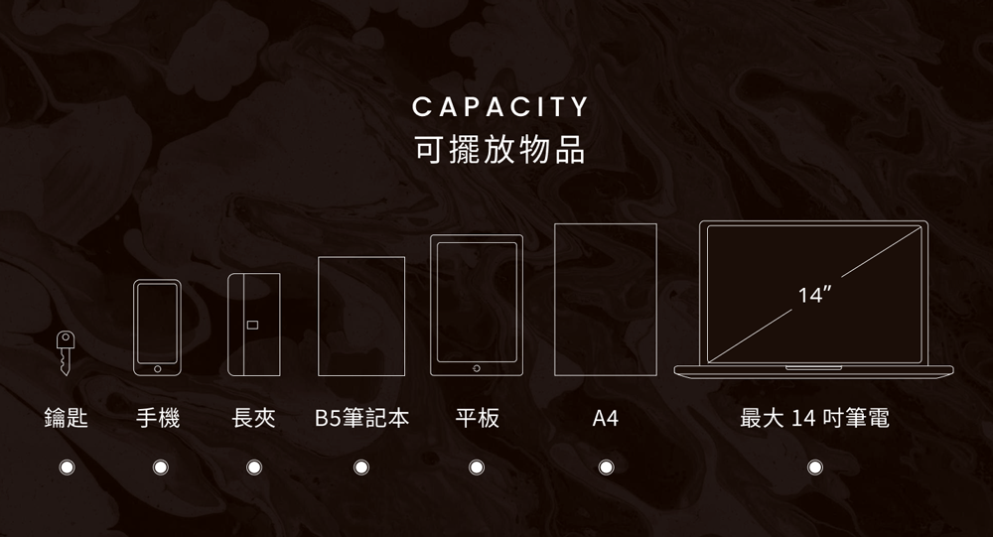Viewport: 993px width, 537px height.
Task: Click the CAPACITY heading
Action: click(x=500, y=107)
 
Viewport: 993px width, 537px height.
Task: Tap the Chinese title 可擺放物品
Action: click(x=500, y=149)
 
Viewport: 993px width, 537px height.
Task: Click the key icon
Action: click(x=66, y=353)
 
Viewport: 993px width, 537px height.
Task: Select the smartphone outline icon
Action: click(x=157, y=328)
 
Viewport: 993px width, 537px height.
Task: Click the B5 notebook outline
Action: click(x=361, y=317)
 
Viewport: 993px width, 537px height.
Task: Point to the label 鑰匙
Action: click(x=67, y=419)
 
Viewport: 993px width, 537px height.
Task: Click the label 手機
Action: click(x=159, y=419)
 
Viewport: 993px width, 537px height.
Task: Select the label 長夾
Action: click(x=253, y=419)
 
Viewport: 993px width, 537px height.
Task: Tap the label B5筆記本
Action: click(x=361, y=419)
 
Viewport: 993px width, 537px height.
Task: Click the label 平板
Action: click(x=477, y=419)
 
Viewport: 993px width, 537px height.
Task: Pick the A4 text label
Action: click(x=605, y=419)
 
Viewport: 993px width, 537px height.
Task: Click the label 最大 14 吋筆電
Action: click(x=814, y=419)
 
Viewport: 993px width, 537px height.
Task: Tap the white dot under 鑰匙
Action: click(x=67, y=467)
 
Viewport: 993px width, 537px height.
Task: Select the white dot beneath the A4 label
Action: click(x=605, y=467)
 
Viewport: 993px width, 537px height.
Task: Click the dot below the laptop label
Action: click(x=815, y=467)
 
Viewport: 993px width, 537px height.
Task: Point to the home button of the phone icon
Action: click(x=157, y=368)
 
